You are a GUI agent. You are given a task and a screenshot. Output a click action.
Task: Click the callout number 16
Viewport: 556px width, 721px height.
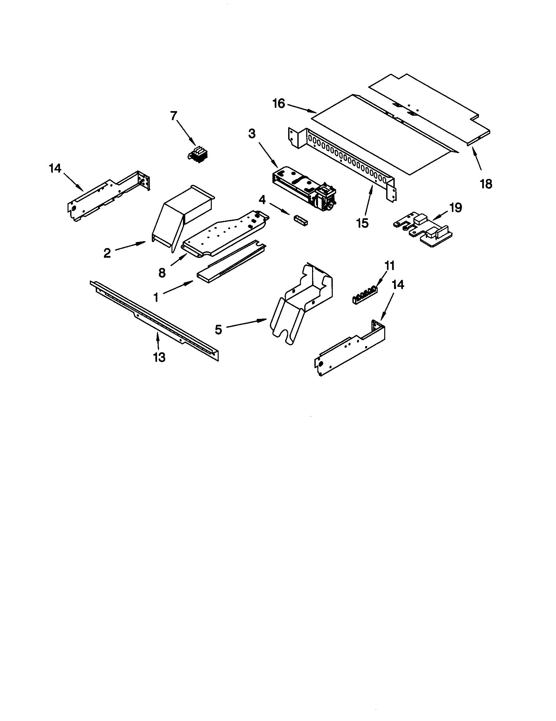click(x=278, y=104)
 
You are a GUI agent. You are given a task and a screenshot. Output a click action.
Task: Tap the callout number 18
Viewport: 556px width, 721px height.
click(x=486, y=184)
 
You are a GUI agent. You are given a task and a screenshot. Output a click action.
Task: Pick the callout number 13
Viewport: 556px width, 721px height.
click(x=159, y=357)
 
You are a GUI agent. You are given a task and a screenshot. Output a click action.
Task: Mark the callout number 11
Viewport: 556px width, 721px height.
click(x=389, y=265)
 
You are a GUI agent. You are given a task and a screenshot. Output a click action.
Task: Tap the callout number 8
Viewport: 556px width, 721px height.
click(x=162, y=273)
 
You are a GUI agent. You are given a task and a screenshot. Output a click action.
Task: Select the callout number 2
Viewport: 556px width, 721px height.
click(x=107, y=253)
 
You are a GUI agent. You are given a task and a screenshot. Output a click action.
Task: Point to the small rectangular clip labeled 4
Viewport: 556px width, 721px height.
click(x=301, y=220)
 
